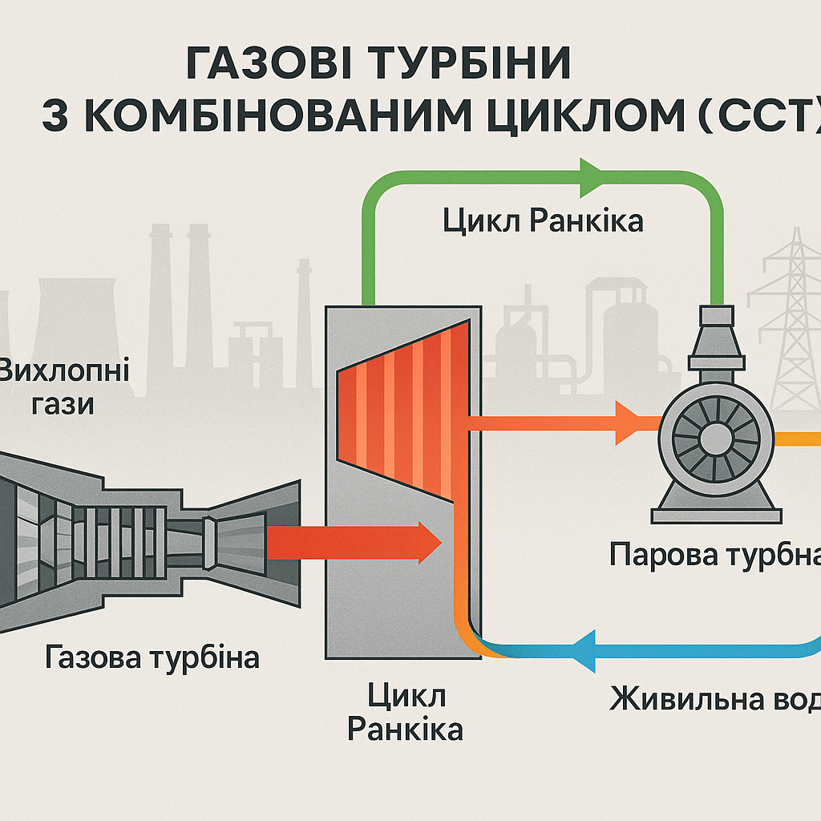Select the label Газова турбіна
pos(152,658)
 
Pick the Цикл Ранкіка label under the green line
pos(543,220)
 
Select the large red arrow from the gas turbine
pos(353,542)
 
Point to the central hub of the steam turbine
pos(710,438)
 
